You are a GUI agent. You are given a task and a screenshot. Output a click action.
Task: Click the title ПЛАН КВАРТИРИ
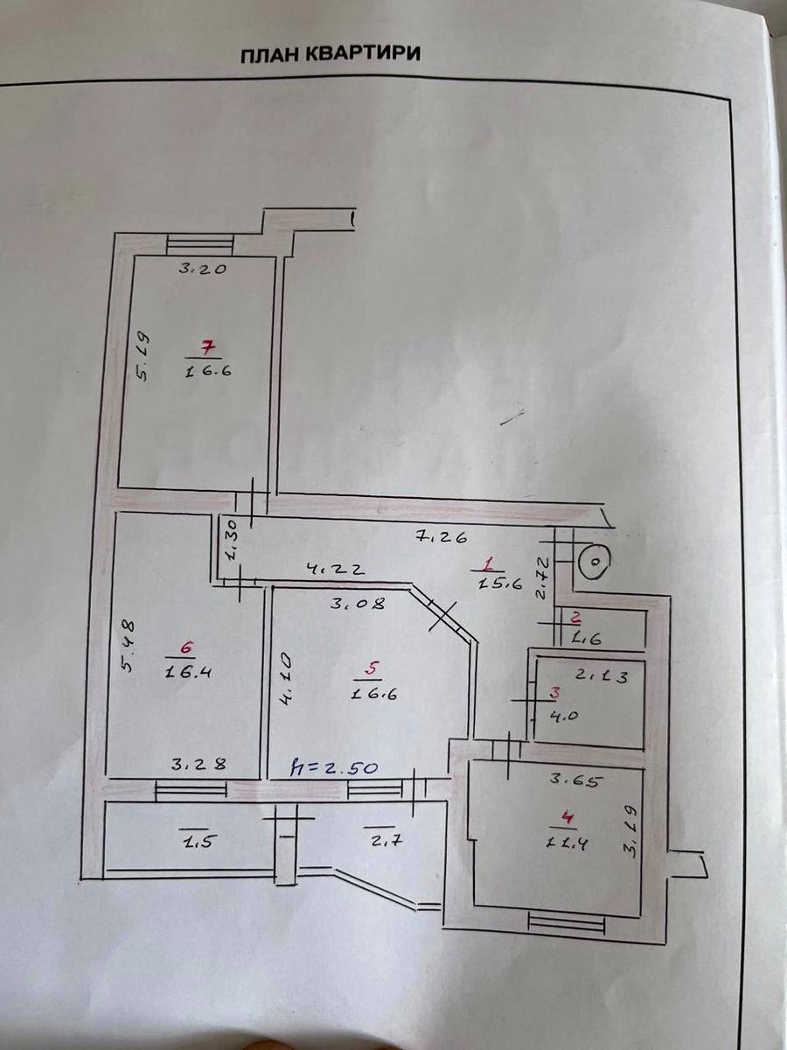coord(331,54)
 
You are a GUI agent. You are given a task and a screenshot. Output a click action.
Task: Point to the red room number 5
coord(373,668)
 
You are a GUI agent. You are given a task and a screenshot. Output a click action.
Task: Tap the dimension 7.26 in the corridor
coord(441,537)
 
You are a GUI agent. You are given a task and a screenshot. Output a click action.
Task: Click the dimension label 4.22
coord(337,570)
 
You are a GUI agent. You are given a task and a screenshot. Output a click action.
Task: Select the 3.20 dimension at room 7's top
coord(203,269)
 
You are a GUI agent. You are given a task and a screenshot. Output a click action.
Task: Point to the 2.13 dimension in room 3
coord(602,676)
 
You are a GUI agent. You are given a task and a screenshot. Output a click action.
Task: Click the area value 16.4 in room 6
coord(188,673)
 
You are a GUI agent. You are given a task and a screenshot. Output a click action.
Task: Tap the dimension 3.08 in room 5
coord(358,604)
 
